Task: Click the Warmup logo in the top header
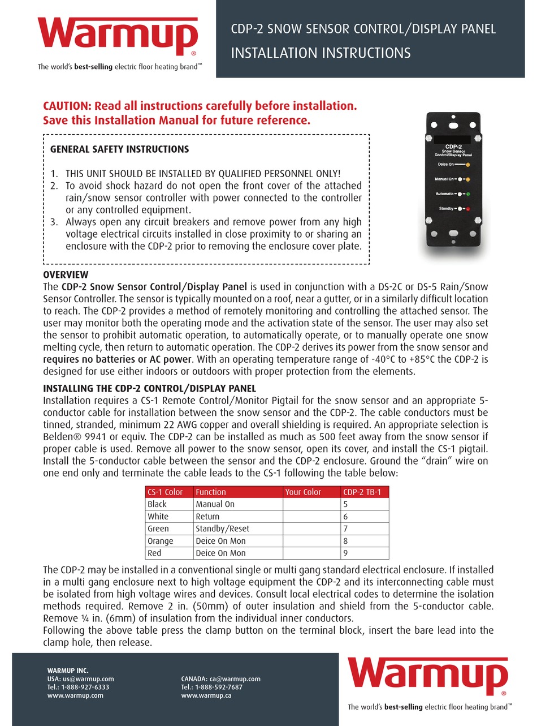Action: coord(118,35)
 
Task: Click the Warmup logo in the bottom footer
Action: coord(428,675)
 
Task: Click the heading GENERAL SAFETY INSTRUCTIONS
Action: coord(120,149)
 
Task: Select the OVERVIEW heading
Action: coord(66,274)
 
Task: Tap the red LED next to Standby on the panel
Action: coord(468,209)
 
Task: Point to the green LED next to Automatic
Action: coord(468,194)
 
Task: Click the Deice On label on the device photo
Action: coord(447,164)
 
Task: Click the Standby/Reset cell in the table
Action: coord(222,529)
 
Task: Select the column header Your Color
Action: coord(303,492)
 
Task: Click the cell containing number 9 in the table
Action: coord(346,553)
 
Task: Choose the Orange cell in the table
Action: coord(160,541)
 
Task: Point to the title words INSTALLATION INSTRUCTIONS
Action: coord(321,53)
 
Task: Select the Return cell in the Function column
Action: coord(207,517)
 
